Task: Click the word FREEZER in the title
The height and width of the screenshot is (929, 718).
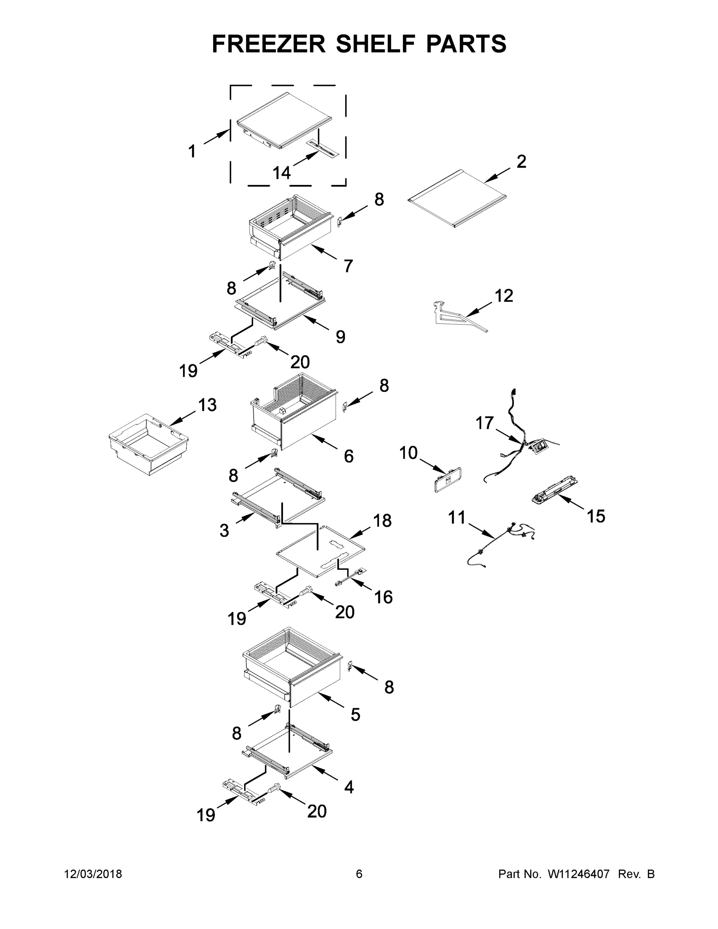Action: pos(268,44)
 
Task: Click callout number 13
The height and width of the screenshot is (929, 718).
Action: pos(207,405)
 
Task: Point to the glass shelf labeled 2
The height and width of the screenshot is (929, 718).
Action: pos(458,199)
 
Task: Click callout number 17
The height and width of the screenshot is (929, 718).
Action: pos(484,423)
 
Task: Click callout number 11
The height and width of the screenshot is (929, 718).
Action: pos(457,518)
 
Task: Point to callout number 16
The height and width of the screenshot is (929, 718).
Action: pos(383,597)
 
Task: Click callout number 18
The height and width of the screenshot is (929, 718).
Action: pos(382,520)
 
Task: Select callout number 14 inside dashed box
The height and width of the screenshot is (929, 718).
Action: pos(281,173)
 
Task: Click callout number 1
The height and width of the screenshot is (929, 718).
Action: pos(192,151)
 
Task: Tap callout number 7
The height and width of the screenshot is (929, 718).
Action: pos(348,266)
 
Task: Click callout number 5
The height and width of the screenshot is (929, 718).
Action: pos(355,714)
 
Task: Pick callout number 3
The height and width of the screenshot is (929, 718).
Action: pos(224,530)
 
